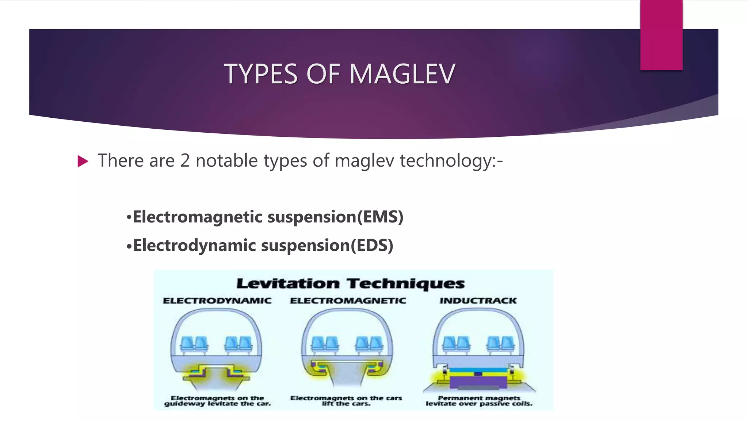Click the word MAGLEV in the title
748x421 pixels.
click(402, 74)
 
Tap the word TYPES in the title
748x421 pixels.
click(261, 74)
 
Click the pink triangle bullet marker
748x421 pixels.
click(83, 161)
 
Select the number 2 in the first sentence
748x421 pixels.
click(185, 161)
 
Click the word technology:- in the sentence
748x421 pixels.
click(451, 161)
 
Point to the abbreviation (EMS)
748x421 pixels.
click(380, 217)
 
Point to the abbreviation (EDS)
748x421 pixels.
click(372, 245)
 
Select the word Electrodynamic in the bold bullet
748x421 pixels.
click(194, 245)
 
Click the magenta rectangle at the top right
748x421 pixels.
click(661, 35)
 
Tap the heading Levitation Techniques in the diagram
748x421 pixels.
click(351, 284)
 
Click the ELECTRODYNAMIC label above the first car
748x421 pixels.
click(217, 301)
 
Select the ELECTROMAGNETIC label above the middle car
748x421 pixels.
click(348, 301)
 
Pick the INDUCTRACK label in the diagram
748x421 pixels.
click(478, 301)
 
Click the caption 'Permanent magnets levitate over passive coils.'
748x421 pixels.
click(479, 401)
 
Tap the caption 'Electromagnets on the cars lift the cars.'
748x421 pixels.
click(346, 401)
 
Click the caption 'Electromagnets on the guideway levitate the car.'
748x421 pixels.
click(217, 401)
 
